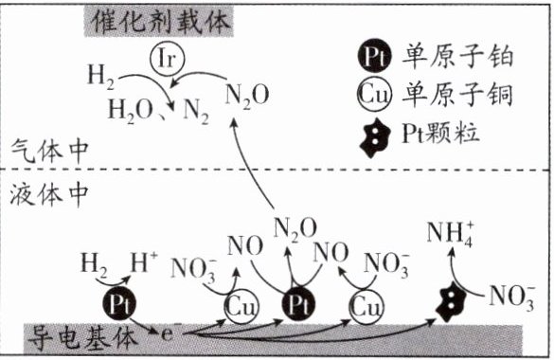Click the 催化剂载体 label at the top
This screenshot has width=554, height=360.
click(159, 22)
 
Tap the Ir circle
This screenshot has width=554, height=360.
click(167, 59)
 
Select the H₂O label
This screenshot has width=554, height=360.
click(130, 111)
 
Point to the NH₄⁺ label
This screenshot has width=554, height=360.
click(451, 234)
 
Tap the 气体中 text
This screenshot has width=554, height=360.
click(48, 151)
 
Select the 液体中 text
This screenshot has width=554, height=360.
click(48, 194)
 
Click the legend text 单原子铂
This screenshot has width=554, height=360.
click(457, 57)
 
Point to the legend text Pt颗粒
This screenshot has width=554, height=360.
click(440, 134)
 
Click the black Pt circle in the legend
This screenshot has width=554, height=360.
click(374, 56)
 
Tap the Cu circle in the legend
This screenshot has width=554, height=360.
click(374, 95)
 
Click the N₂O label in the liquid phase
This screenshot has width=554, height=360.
click(295, 229)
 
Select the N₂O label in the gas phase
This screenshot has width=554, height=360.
click(247, 96)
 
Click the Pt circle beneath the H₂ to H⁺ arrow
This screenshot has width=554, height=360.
click(119, 304)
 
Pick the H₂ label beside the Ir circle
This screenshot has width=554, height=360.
click(101, 77)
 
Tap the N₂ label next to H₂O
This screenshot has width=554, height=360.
click(196, 112)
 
